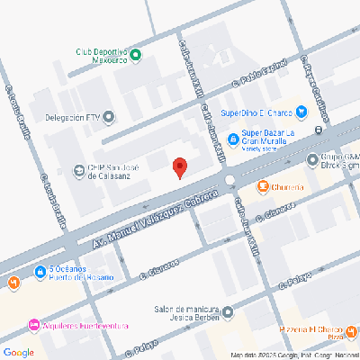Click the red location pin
point(179,166)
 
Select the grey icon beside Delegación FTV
point(109,116)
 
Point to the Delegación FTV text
point(71,116)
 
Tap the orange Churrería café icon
point(263,186)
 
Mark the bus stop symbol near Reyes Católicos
point(319,131)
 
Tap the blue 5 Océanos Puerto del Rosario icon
point(40,271)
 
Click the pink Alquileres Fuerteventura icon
point(34,324)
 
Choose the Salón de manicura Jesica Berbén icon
point(228,312)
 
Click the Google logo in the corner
point(19,351)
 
